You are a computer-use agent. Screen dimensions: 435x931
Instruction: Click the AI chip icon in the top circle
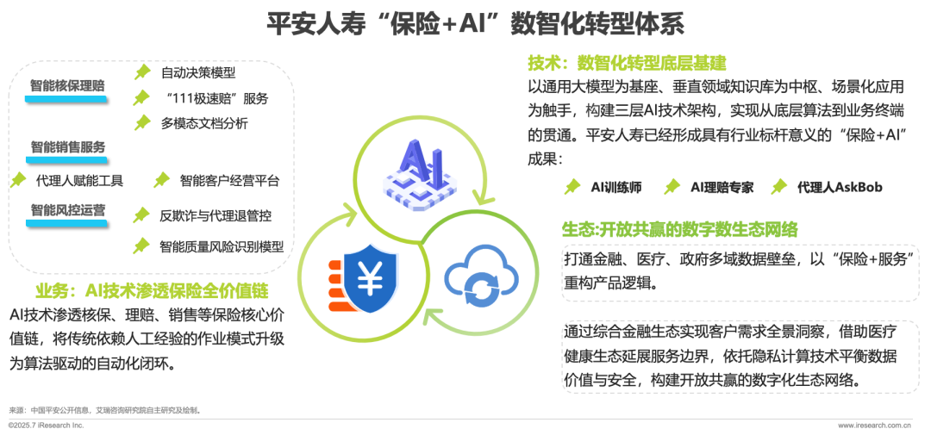(419, 173)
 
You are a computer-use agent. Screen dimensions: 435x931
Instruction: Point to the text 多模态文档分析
(204, 123)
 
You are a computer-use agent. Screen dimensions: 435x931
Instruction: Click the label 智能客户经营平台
(229, 181)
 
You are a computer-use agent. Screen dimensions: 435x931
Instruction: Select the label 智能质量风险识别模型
(222, 246)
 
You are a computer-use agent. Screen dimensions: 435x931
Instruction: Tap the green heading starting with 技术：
(627, 63)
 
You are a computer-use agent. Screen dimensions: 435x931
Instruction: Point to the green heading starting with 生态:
(679, 229)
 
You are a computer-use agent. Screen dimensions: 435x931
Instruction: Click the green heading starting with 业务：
(152, 289)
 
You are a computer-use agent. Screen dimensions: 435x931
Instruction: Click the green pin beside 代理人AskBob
(779, 186)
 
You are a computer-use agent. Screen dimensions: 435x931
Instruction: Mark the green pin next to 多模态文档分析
(141, 123)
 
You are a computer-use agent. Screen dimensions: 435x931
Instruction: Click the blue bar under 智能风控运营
(66, 223)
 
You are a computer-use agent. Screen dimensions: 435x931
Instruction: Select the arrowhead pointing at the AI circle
(347, 210)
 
